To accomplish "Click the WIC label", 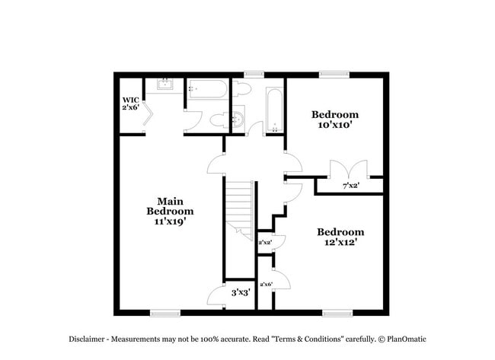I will pos(129,99).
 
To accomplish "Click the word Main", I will pos(170,201).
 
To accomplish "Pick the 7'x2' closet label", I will pos(350,185).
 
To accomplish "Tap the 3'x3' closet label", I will pos(241,292).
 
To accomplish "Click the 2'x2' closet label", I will pos(265,243).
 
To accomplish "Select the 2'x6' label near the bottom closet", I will pos(266,285).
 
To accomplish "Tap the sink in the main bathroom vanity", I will pos(165,86).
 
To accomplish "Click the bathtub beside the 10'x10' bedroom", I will pos(274,110).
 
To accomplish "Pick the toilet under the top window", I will pos(242,88).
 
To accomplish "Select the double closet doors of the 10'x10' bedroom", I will pos(348,169).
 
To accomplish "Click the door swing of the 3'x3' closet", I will pos(216,296).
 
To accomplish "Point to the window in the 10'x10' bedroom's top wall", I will pos(331,74).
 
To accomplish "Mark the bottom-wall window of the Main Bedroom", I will pos(164,312).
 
